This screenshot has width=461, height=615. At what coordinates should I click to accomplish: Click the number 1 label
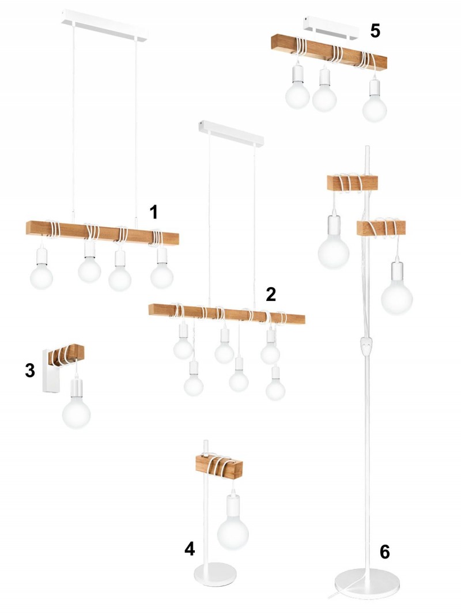154,212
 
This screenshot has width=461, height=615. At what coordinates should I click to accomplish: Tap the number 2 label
271,294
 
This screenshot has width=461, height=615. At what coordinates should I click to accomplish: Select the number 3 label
30,370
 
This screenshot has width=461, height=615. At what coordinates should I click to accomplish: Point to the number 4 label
190,549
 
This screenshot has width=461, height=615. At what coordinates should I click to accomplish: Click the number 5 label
375,31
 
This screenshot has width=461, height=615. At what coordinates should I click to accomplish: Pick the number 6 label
384,552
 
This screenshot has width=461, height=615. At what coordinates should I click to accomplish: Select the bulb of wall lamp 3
77,412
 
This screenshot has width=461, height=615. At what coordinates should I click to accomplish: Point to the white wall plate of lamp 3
51,371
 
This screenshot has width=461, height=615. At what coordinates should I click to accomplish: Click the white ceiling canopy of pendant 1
105,26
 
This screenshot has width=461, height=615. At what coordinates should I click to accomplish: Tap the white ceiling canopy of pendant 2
231,134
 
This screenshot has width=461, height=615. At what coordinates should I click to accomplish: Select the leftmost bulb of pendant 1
41,277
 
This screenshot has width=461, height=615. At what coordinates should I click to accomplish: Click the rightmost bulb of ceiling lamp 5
375,108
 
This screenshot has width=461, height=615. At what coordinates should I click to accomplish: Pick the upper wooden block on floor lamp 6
353,183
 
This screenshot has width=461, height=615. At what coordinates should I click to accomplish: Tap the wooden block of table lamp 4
219,467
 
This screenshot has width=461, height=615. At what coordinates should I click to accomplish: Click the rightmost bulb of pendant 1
162,276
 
